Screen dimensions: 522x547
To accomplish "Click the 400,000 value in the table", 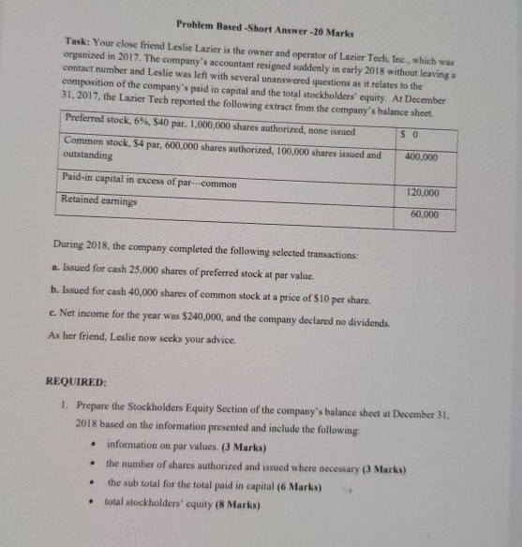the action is click(421, 158).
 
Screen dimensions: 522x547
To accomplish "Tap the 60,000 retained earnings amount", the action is click(425, 214).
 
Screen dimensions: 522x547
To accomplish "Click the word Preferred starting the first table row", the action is click(91, 118).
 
